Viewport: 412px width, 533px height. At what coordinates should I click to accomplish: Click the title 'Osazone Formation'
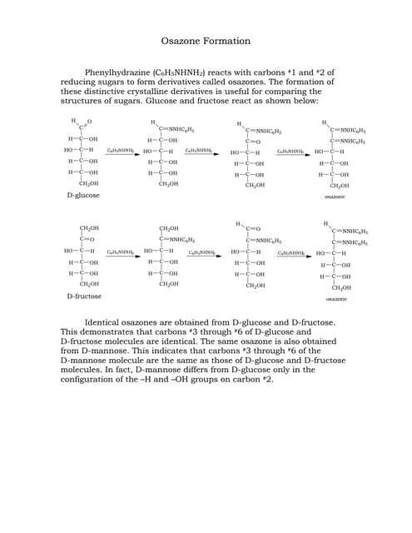pyautogui.click(x=206, y=41)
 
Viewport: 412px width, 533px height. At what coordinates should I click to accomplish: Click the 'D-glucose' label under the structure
pyautogui.click(x=83, y=195)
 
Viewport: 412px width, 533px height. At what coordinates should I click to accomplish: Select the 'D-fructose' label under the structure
pyautogui.click(x=84, y=296)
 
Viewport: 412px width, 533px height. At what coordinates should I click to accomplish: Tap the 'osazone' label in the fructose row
pyautogui.click(x=337, y=297)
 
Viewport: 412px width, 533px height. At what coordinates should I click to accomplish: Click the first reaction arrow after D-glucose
pyautogui.click(x=121, y=153)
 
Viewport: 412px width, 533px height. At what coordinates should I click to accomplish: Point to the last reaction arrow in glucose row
pyautogui.click(x=294, y=153)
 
